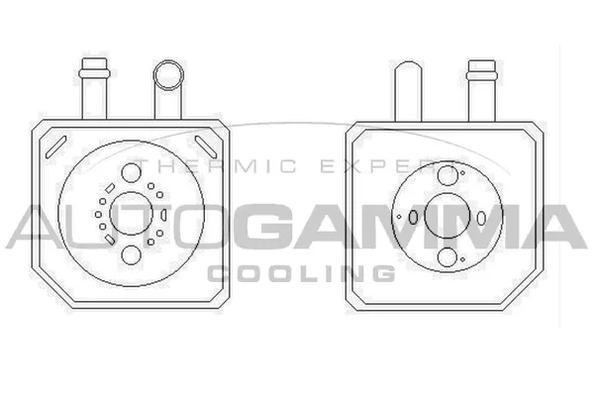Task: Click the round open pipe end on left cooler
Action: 167,74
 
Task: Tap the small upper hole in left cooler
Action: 132,174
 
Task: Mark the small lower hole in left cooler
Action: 132,255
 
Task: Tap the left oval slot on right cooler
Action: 412,217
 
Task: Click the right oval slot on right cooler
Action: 479,217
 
